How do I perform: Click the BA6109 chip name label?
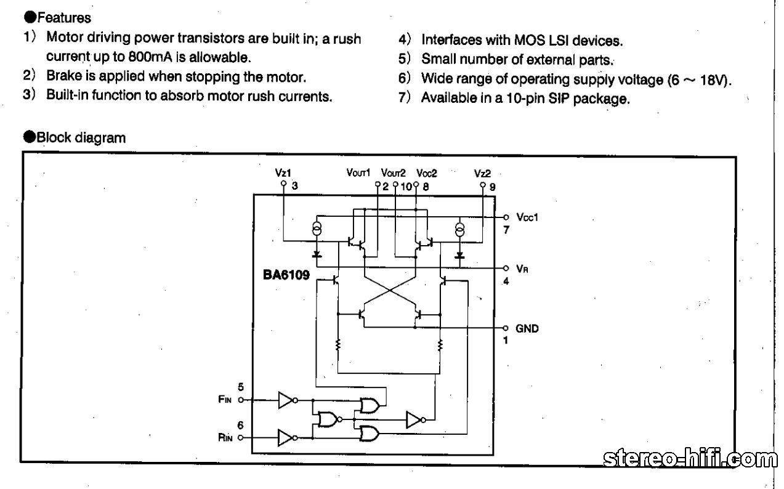click(x=286, y=275)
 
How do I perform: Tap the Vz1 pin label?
click(x=283, y=173)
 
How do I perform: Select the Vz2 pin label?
click(x=482, y=173)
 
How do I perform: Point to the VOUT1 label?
click(x=358, y=173)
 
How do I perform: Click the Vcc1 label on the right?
click(x=527, y=217)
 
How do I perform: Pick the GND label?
click(x=527, y=328)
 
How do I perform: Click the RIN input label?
click(x=225, y=438)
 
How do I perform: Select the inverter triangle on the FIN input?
click(x=286, y=400)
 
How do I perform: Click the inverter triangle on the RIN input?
click(x=286, y=438)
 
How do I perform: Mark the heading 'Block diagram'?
click(x=80, y=137)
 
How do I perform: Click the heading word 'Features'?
click(x=63, y=18)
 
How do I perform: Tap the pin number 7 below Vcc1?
click(x=506, y=230)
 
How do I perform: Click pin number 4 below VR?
click(x=506, y=282)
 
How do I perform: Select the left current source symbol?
click(x=317, y=230)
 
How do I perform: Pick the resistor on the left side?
click(x=338, y=346)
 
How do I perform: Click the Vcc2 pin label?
click(x=426, y=173)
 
